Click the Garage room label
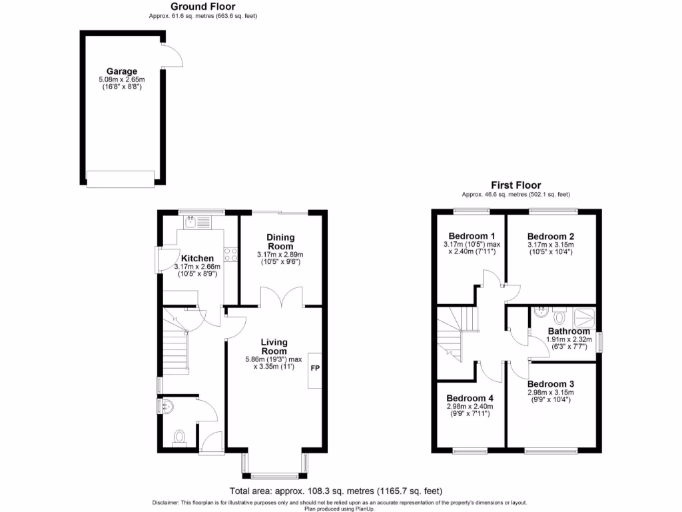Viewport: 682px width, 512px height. tap(121, 71)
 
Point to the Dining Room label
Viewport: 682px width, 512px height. tap(280, 242)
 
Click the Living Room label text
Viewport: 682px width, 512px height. tap(274, 346)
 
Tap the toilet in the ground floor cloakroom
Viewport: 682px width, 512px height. tap(178, 437)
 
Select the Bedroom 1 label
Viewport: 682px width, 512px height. tap(472, 236)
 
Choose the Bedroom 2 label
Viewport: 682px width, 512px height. tap(550, 236)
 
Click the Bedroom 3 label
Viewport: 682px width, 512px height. tap(550, 384)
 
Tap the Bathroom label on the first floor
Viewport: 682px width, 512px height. tap(569, 331)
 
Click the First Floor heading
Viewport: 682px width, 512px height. tap(515, 185)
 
